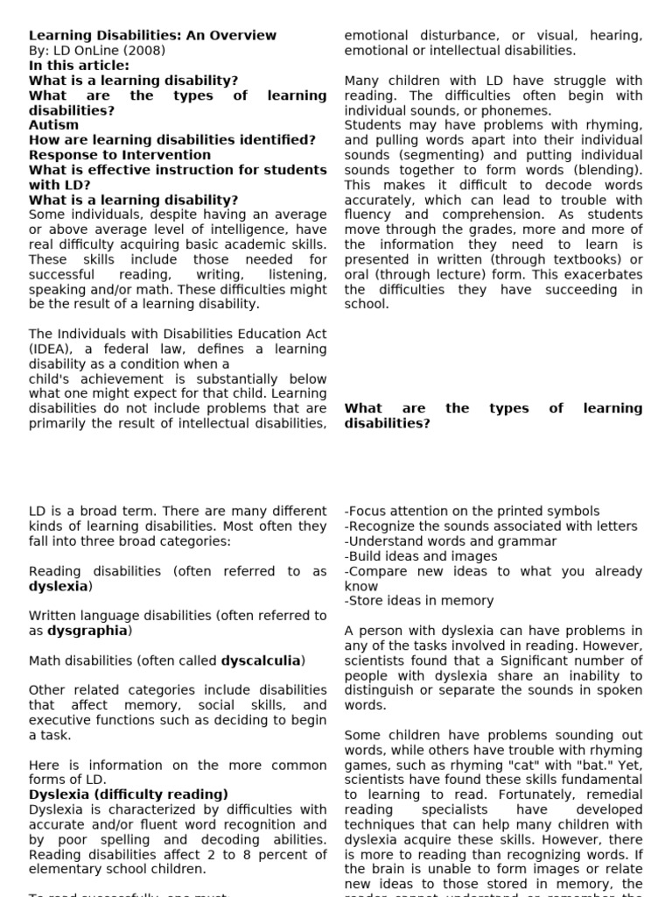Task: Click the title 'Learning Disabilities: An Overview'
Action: click(x=152, y=36)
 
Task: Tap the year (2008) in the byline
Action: click(x=146, y=51)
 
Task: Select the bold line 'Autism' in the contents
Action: click(x=53, y=125)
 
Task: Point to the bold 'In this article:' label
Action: click(x=79, y=66)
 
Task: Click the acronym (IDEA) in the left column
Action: click(x=52, y=349)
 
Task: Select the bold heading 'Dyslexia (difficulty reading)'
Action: click(x=129, y=795)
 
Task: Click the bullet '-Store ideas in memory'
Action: click(x=419, y=601)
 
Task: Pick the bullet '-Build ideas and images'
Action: click(x=421, y=556)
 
